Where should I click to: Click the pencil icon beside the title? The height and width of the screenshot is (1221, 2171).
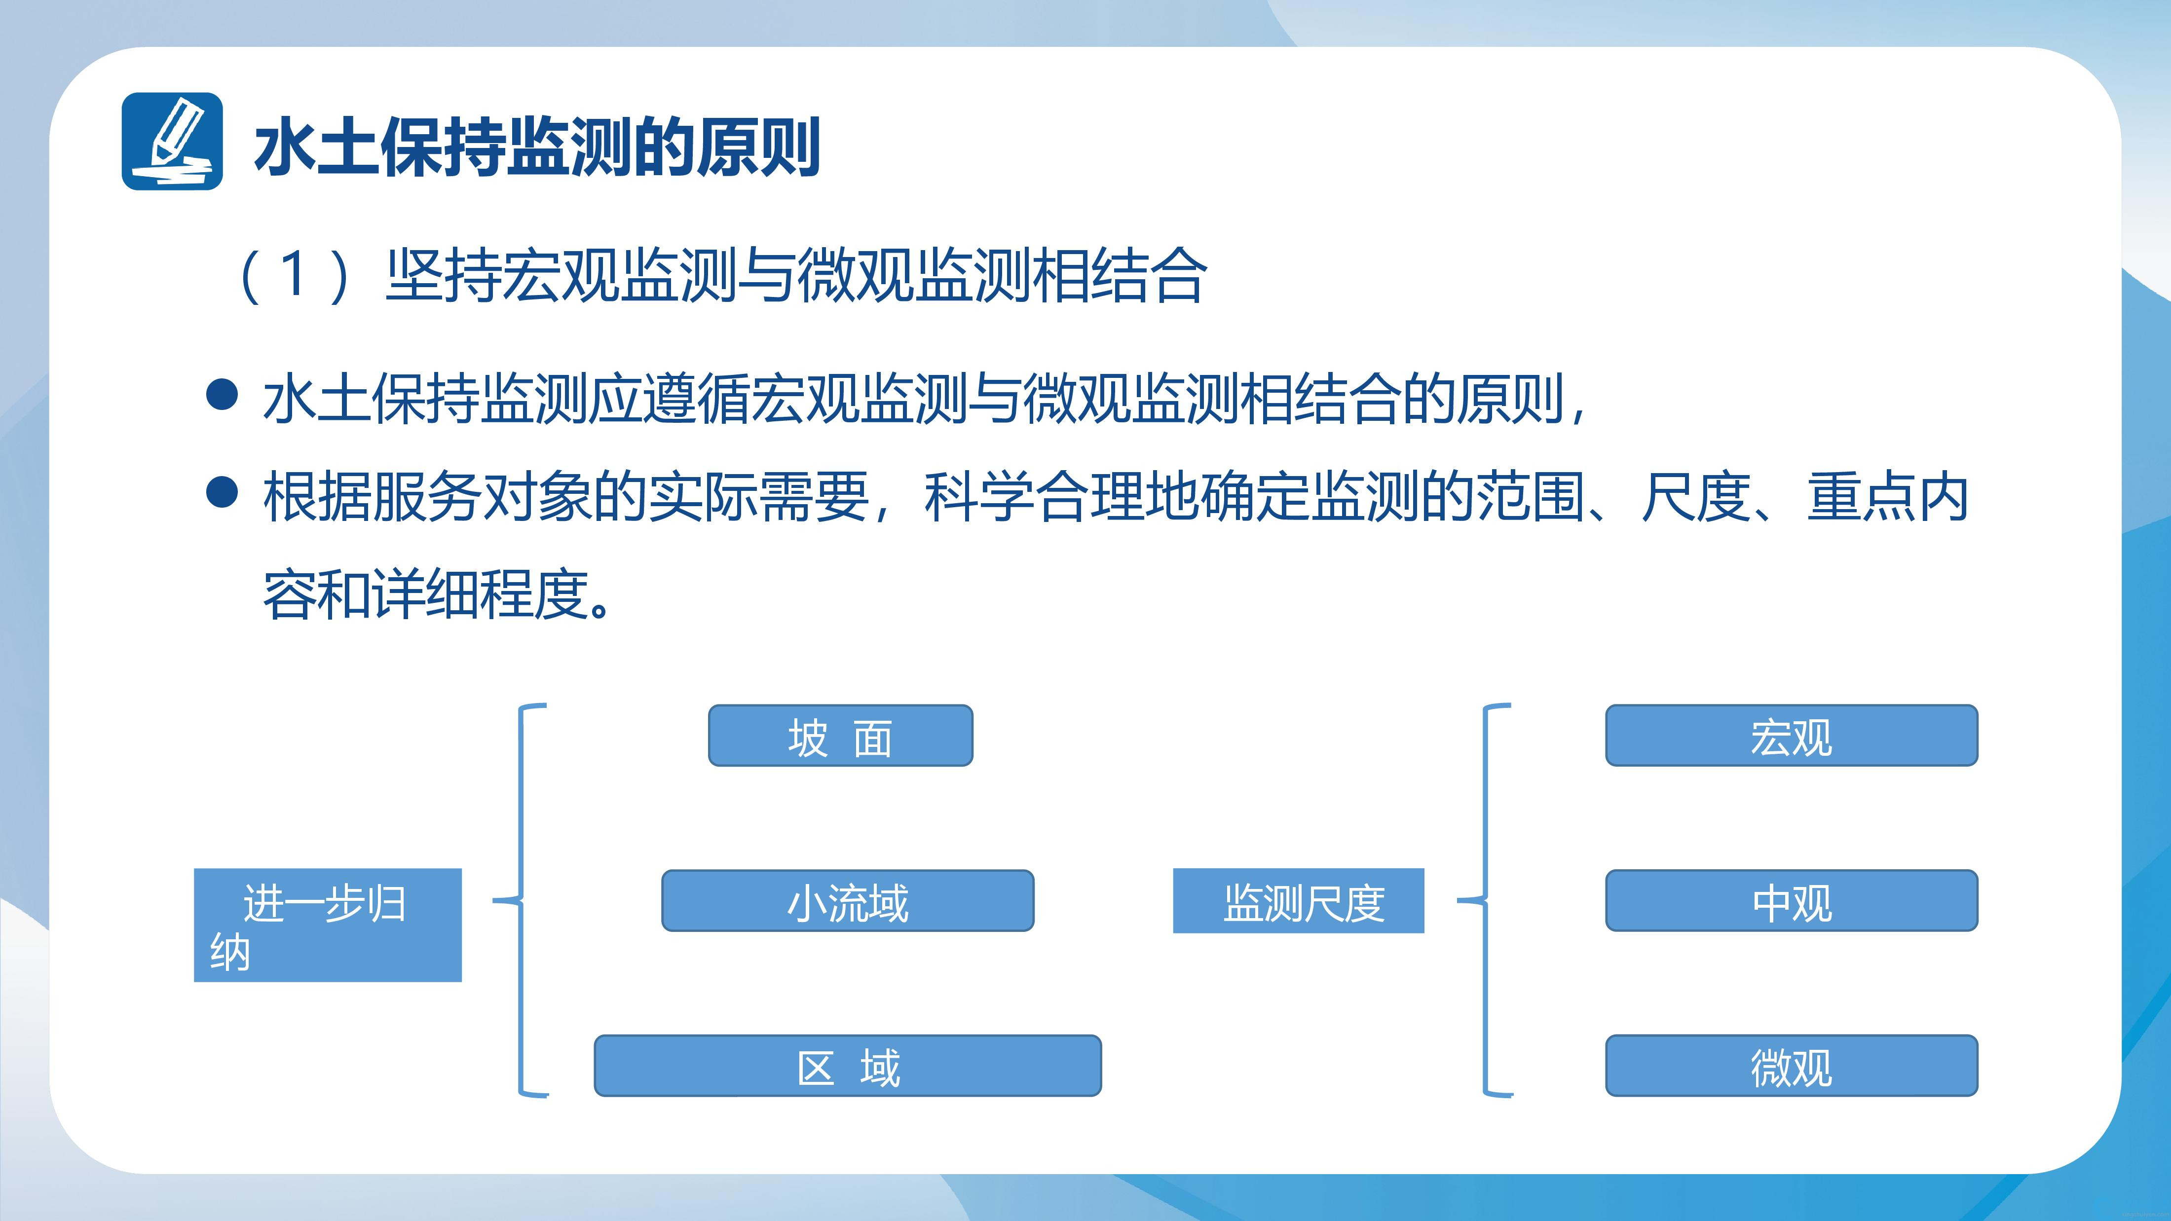click(x=172, y=141)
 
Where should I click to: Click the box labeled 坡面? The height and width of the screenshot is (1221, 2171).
click(x=840, y=736)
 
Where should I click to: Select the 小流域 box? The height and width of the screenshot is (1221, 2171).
click(x=848, y=901)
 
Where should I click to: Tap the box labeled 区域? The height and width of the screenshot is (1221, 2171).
click(x=848, y=1066)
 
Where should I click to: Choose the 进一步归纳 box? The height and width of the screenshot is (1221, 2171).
click(x=328, y=925)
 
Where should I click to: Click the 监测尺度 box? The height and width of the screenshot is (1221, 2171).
click(x=1299, y=901)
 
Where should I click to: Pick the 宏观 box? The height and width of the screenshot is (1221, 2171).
click(x=1792, y=736)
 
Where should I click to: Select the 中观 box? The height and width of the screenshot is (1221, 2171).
click(x=1792, y=901)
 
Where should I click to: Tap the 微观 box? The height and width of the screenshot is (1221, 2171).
click(x=1792, y=1066)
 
